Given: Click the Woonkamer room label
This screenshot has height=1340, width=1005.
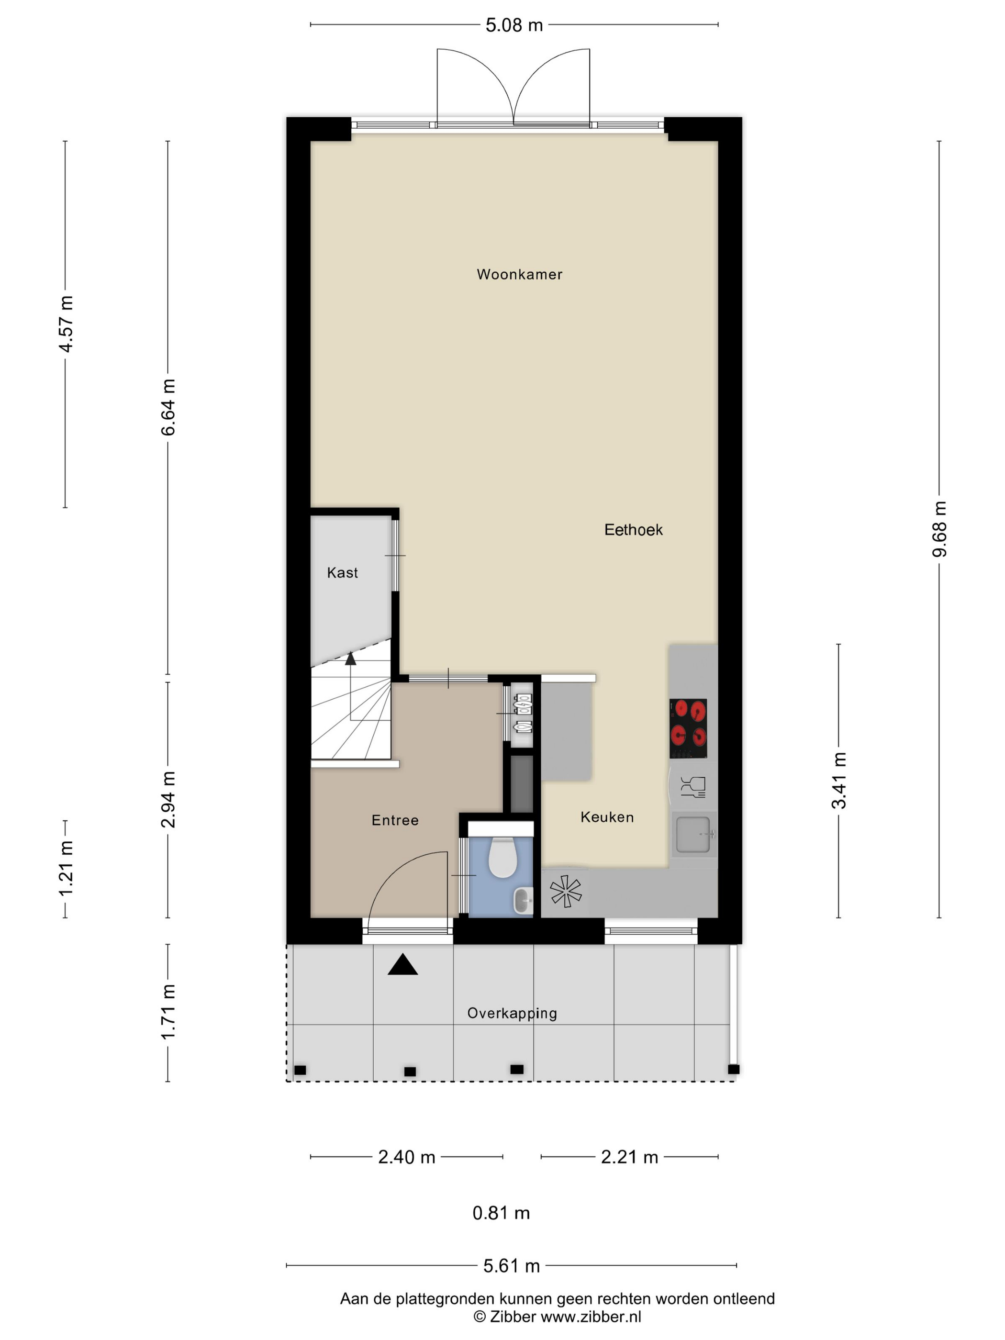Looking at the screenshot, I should (519, 274).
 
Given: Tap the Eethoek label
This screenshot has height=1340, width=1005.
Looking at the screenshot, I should (633, 530).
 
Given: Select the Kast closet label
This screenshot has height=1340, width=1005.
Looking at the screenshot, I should (342, 572).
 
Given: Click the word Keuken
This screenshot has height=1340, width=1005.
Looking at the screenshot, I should (607, 817).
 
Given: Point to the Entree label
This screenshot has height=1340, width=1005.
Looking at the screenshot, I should (395, 820).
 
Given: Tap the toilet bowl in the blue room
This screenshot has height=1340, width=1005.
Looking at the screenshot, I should (502, 858).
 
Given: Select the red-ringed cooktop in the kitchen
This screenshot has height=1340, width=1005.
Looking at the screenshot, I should (688, 728).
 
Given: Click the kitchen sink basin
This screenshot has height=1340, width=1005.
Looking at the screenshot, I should (693, 835).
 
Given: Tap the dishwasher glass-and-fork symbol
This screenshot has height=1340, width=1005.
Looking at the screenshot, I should (692, 786).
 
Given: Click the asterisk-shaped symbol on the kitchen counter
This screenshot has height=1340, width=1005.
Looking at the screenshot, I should (565, 891).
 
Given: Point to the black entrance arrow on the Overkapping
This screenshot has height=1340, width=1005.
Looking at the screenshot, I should (403, 964).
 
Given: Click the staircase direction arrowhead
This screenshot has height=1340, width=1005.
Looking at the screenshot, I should (350, 659).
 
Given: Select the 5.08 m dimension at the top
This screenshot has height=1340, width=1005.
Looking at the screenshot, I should (514, 25).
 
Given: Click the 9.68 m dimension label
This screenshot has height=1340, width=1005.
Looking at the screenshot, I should (939, 528).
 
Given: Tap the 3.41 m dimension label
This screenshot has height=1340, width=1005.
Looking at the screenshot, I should (838, 780).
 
